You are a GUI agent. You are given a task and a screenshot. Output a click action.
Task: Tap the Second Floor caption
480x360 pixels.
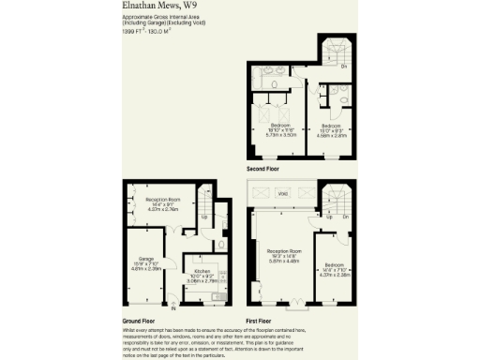263,169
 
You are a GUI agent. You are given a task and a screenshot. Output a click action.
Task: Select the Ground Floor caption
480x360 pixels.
139,318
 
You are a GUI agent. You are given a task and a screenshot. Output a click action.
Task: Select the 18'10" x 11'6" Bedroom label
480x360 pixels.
281,128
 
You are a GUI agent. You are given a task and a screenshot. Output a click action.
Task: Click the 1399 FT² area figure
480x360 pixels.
133,32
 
